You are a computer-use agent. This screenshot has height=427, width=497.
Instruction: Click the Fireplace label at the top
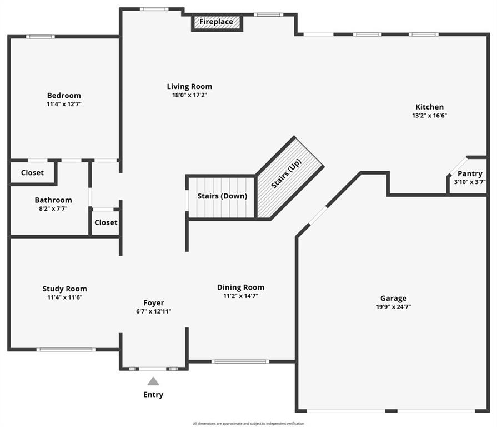click(x=216, y=22)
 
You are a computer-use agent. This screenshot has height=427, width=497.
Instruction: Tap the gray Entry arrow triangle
click(x=153, y=381)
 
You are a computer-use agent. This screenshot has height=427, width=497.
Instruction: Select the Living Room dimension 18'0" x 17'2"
click(x=189, y=95)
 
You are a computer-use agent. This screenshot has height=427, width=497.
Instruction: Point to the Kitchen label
click(x=429, y=107)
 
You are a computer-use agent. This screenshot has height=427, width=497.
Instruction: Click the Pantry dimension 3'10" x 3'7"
click(x=470, y=182)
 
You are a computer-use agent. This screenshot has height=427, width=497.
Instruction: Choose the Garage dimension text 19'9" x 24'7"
click(x=393, y=307)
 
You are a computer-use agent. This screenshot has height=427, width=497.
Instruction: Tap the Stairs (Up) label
click(x=286, y=173)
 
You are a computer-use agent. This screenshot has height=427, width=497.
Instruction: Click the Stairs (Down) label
click(x=222, y=196)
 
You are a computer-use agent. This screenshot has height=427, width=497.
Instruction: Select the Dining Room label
click(x=240, y=287)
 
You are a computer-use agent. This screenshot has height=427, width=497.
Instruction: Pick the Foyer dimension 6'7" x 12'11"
click(x=153, y=311)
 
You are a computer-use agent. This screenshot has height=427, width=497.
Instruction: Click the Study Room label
click(x=64, y=289)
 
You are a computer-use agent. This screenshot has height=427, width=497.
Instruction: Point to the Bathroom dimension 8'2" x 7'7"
click(x=53, y=208)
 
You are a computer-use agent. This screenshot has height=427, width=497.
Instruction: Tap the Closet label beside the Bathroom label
click(x=106, y=222)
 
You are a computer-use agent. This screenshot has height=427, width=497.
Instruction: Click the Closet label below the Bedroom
click(x=32, y=172)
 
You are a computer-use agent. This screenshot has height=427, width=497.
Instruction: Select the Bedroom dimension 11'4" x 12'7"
click(x=64, y=104)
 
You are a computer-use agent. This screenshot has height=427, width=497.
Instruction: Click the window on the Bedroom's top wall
click(x=40, y=37)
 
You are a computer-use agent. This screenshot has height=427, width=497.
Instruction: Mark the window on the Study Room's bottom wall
click(x=66, y=350)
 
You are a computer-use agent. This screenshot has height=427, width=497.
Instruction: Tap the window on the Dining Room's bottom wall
click(x=240, y=361)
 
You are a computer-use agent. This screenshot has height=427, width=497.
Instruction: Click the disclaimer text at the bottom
click(x=249, y=424)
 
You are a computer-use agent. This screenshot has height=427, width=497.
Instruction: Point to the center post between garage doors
click(x=391, y=411)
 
